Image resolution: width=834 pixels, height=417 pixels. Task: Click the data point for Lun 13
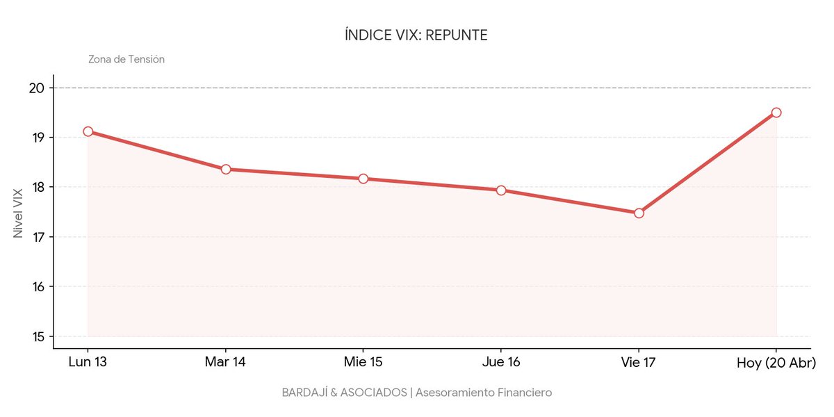click(88, 131)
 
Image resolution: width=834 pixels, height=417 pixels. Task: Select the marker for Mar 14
click(226, 170)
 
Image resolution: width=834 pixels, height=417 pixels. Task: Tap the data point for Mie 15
click(363, 179)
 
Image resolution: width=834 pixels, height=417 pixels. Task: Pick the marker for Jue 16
click(501, 190)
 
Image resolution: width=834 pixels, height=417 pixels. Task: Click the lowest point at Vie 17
click(639, 213)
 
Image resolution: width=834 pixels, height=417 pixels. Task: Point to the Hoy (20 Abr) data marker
click(776, 113)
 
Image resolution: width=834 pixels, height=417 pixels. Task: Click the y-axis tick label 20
click(38, 88)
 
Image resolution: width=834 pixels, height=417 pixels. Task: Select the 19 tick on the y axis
click(38, 138)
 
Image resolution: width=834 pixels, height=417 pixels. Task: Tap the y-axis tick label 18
click(38, 187)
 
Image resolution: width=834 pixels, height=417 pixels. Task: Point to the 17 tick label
click(38, 237)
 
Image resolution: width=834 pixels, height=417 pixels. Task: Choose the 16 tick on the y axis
click(38, 287)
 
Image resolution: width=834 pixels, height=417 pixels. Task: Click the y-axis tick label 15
click(38, 337)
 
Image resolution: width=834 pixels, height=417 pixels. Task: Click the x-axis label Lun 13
click(88, 363)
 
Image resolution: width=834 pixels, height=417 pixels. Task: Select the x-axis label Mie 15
click(363, 363)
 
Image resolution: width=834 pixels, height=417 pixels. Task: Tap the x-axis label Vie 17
click(639, 363)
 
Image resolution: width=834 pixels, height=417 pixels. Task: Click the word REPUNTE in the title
click(456, 35)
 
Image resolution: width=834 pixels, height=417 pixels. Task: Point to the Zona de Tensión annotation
click(126, 60)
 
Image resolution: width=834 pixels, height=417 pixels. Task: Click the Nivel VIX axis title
click(19, 213)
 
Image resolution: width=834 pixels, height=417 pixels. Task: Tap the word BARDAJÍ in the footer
click(304, 393)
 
